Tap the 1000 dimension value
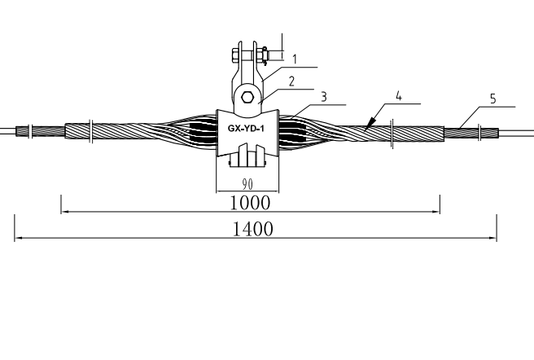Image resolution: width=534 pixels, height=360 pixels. [x=249, y=201]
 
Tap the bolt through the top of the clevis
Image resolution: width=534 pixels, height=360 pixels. [x=249, y=56]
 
